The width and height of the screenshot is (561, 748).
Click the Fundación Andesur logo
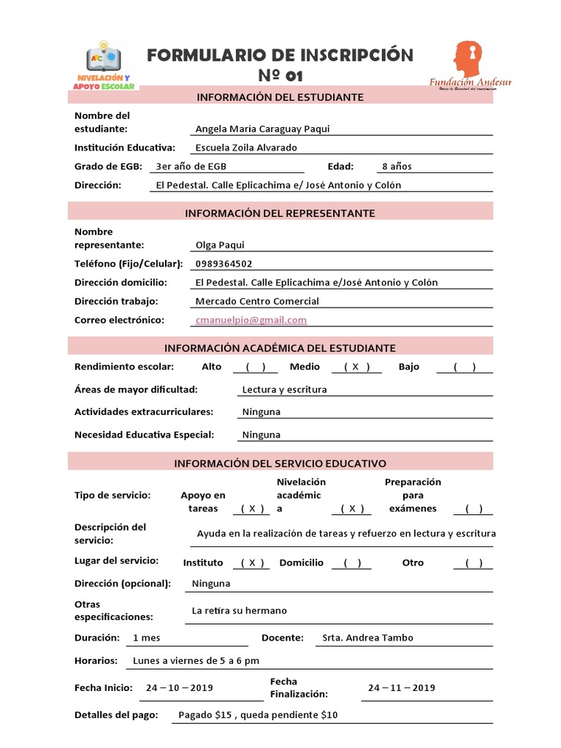point(470,65)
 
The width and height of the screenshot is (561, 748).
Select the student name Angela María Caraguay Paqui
point(262,129)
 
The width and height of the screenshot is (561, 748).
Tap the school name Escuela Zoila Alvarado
point(246,148)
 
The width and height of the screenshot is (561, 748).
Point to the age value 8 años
point(397,167)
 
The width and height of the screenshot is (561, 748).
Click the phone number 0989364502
point(224,264)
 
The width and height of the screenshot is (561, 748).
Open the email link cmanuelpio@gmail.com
point(251,320)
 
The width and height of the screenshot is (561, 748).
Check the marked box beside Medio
point(356,367)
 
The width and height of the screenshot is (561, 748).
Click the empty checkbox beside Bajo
point(465,367)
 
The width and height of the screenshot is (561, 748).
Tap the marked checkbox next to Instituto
point(251,563)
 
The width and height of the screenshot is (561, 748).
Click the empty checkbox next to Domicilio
point(351,563)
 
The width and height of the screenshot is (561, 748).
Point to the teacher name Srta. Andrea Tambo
point(367,638)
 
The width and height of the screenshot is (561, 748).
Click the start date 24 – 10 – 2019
point(179,687)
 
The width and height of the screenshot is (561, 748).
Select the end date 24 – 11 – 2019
point(401,687)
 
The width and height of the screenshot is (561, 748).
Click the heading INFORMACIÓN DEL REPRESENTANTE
point(280,213)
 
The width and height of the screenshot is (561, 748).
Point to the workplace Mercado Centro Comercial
point(257,301)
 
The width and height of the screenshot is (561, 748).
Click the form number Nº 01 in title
point(280,76)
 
